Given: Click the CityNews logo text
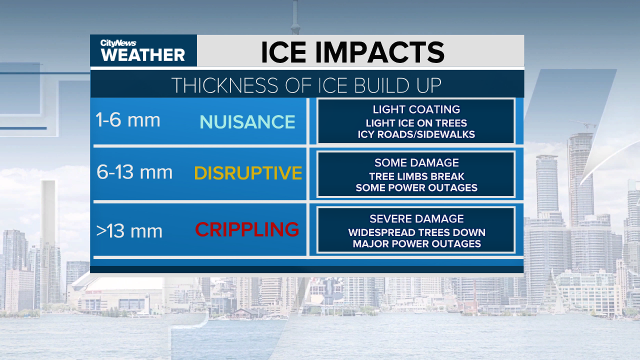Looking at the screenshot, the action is click(x=118, y=43).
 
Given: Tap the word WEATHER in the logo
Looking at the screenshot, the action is click(x=143, y=55).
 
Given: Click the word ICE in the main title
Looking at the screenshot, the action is click(x=283, y=52).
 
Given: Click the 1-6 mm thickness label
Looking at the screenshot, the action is click(x=127, y=119).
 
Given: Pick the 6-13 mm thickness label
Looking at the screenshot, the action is click(x=134, y=172).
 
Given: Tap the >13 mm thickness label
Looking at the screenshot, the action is click(x=129, y=231).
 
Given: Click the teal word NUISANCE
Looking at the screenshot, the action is click(x=247, y=122).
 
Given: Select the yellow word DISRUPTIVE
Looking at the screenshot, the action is click(x=248, y=173).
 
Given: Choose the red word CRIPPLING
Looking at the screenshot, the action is click(x=247, y=229).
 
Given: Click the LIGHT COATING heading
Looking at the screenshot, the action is click(x=416, y=109).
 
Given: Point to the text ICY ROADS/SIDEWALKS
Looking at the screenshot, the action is click(x=416, y=134).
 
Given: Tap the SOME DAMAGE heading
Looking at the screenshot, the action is click(x=416, y=162).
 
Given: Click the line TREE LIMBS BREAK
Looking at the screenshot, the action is click(x=416, y=176).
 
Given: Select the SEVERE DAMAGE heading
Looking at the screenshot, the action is click(x=416, y=219).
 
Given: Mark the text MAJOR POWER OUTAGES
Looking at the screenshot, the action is click(x=417, y=243).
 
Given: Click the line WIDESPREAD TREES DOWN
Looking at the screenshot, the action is click(x=417, y=232).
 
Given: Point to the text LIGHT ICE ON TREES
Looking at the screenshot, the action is click(x=416, y=123).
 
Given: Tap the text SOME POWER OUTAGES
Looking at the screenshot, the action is click(x=416, y=187).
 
